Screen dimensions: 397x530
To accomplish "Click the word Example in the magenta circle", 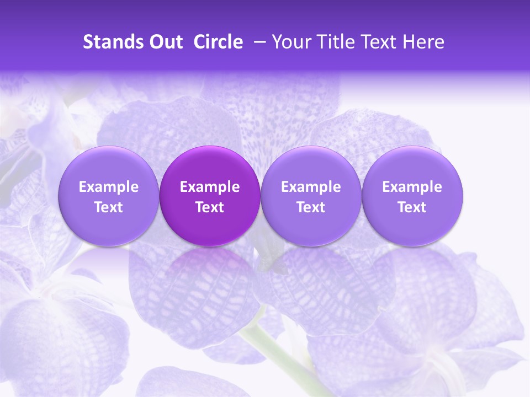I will point(210,187).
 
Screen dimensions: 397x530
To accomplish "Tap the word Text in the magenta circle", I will point(210,207).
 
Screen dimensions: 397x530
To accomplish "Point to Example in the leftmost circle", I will point(109,187).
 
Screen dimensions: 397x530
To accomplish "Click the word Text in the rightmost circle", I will point(412,207).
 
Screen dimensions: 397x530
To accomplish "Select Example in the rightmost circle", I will point(412,187).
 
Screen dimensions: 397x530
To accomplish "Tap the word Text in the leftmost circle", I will point(109,207).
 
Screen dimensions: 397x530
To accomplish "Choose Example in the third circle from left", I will point(311,187).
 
